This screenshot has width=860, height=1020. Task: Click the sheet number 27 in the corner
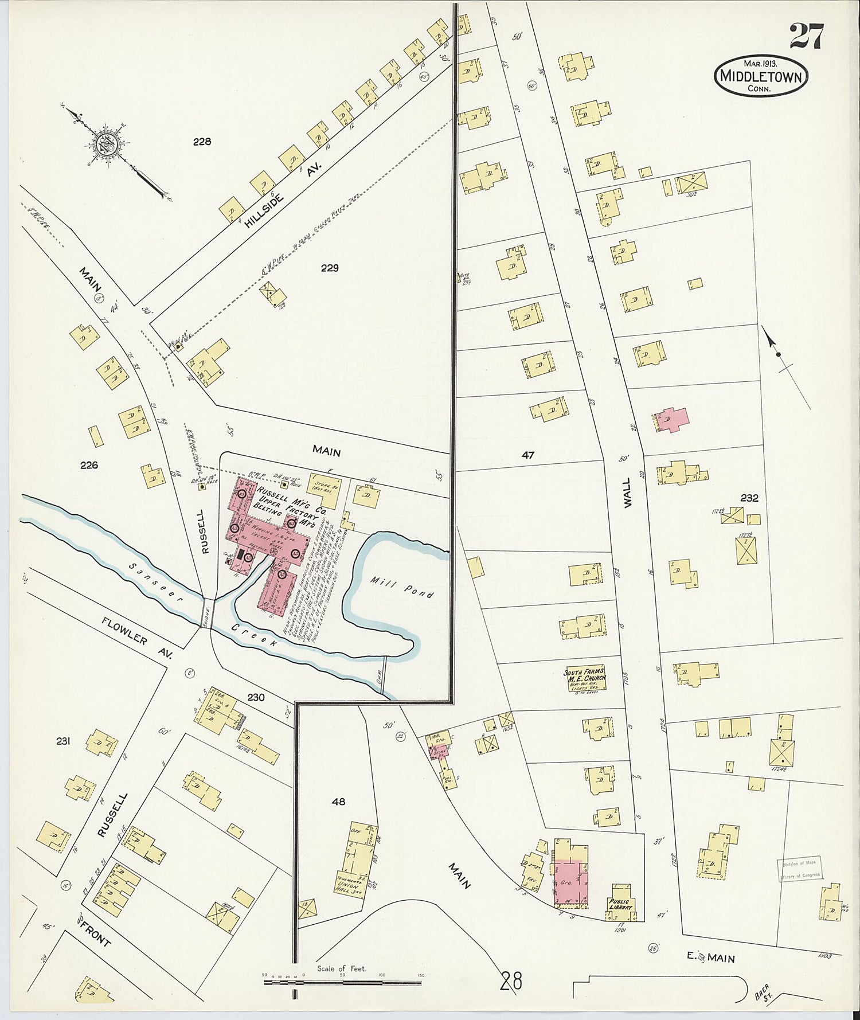807,36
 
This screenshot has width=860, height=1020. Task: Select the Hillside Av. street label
283,194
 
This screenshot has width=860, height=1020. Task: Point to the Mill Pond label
402,587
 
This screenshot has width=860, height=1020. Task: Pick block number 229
330,268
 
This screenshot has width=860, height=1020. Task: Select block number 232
749,498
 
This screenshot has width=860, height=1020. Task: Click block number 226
89,465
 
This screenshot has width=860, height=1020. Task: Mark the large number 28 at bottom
511,981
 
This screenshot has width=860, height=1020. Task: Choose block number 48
339,801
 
